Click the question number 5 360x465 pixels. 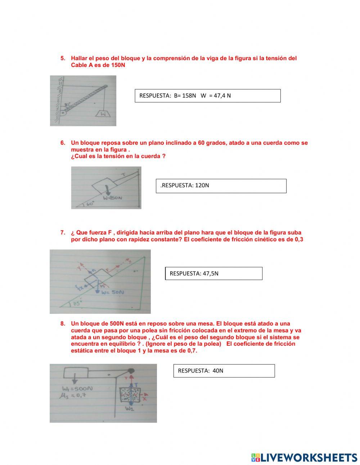63,58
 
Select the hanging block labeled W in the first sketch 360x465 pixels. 103,114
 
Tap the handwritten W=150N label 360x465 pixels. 113,198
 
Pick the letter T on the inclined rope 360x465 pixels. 123,175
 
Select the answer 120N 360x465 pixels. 202,185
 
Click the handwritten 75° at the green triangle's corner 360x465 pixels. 76,304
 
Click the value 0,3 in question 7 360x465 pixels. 299,240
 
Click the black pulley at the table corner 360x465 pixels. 131,370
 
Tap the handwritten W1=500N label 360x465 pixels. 77,389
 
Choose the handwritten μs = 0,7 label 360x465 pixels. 74,395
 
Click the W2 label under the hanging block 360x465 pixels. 129,409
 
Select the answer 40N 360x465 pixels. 218,371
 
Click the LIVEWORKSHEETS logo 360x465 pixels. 304,457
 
